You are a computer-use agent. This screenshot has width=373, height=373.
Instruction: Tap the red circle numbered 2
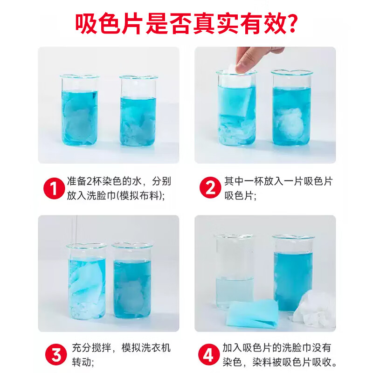pyautogui.click(x=209, y=188)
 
